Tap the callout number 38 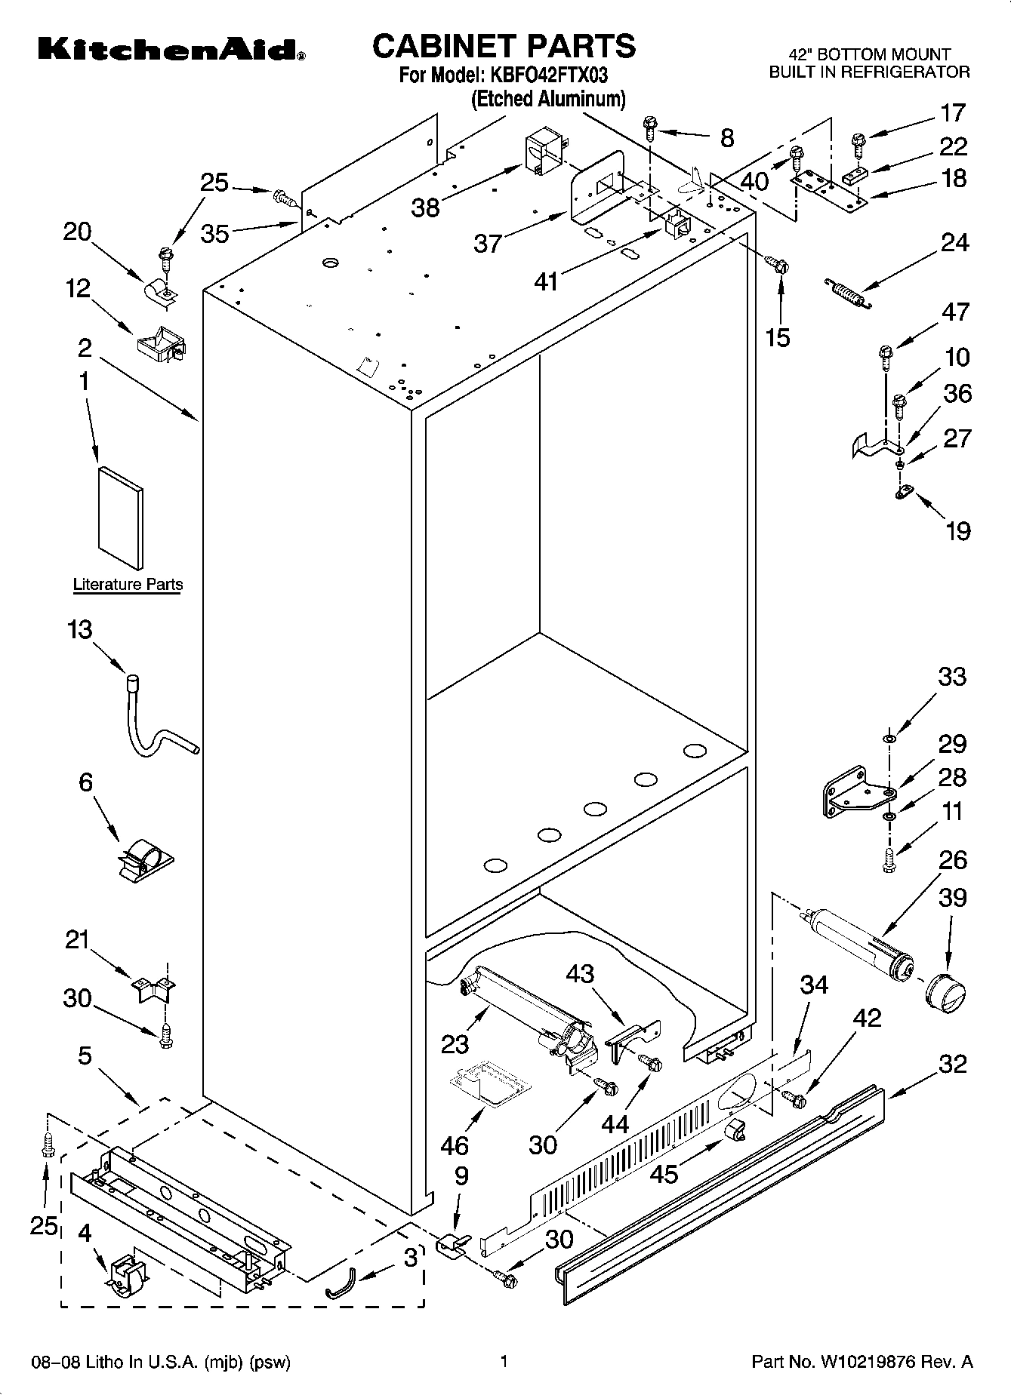point(425,207)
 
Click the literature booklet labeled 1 point(120,518)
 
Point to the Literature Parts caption point(128,584)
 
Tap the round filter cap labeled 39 point(945,991)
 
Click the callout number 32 point(952,1064)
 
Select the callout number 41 point(546,281)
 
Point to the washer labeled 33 point(889,737)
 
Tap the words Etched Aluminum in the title point(548,99)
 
